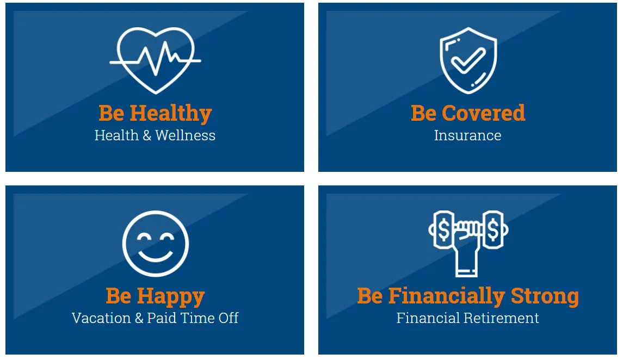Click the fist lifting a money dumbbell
point(467,243)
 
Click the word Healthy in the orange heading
point(171,114)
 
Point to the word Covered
point(484,113)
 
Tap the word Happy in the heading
point(171,297)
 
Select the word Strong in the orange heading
point(545,297)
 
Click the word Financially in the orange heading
point(447,297)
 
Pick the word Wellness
point(185,135)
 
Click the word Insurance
point(467,135)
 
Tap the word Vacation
point(101,318)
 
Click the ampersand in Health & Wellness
point(147,135)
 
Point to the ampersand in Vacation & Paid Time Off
point(139,318)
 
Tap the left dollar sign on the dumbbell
point(444,230)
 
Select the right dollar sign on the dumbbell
point(493,230)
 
